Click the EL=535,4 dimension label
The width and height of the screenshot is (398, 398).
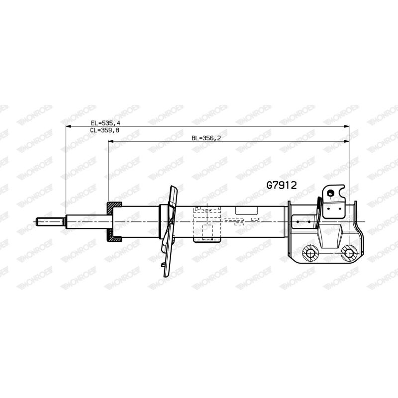105,123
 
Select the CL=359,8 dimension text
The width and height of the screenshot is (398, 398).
104,130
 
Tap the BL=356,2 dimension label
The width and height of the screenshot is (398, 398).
206,138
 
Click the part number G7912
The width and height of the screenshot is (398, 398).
282,185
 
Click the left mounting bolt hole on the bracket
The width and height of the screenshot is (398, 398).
310,253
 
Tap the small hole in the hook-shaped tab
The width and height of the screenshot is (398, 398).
330,193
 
